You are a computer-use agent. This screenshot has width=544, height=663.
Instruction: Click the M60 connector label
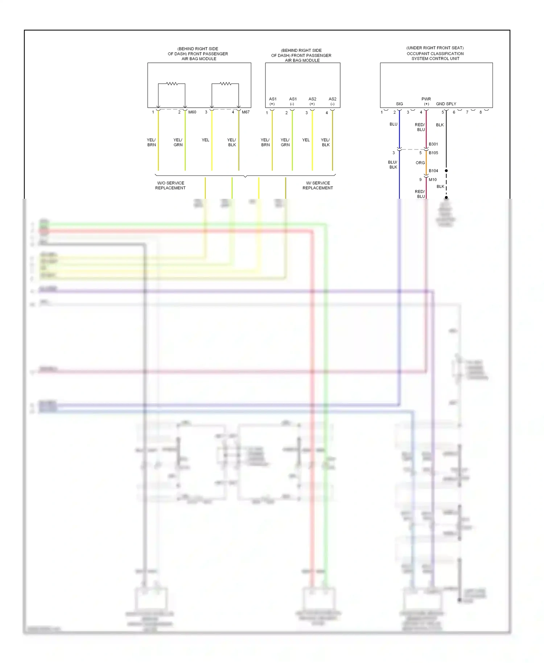(x=192, y=112)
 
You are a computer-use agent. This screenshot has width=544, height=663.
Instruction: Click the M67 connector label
(x=246, y=112)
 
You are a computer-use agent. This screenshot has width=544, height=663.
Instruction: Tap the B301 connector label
(x=433, y=144)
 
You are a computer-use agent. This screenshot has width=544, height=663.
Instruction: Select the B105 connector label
(x=433, y=153)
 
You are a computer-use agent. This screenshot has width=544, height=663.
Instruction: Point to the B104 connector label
(x=433, y=170)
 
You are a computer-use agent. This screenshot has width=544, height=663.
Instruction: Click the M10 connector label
(x=433, y=180)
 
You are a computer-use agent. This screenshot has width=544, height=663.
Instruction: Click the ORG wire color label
(x=420, y=163)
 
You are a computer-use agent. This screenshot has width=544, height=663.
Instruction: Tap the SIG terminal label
(x=399, y=104)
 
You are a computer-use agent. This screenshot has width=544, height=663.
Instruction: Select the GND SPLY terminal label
(x=446, y=104)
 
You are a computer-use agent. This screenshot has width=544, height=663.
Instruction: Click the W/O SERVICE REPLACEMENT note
(x=170, y=185)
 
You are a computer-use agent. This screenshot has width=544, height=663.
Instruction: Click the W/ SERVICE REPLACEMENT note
(x=318, y=185)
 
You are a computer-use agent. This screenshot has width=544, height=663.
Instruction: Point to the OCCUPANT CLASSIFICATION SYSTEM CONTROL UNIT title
(x=435, y=53)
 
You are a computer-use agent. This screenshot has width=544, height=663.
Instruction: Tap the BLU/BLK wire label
(x=393, y=165)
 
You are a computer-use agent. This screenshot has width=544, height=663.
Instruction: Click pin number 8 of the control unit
(x=481, y=112)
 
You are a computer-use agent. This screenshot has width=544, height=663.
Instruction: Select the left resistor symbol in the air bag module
(x=172, y=84)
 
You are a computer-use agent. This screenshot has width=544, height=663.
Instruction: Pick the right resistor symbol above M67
(x=226, y=84)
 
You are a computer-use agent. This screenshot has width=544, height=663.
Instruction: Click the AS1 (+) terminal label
(x=272, y=101)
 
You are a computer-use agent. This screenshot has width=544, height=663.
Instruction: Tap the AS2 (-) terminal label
(x=332, y=101)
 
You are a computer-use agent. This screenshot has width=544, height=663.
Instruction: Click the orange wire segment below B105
(x=426, y=163)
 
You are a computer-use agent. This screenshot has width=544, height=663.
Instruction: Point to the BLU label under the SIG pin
(x=393, y=124)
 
